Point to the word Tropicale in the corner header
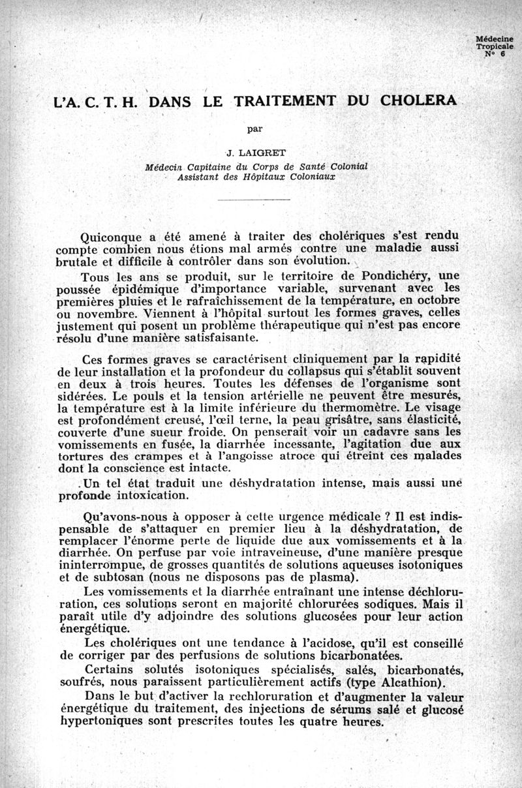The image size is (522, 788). coord(495,47)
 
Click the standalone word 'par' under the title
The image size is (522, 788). coord(254,129)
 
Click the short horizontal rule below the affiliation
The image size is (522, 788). coord(254,198)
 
